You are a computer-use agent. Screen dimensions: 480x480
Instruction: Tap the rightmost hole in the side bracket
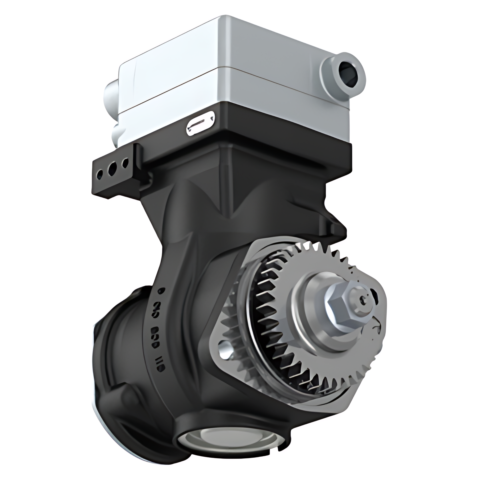coord(125,163)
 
